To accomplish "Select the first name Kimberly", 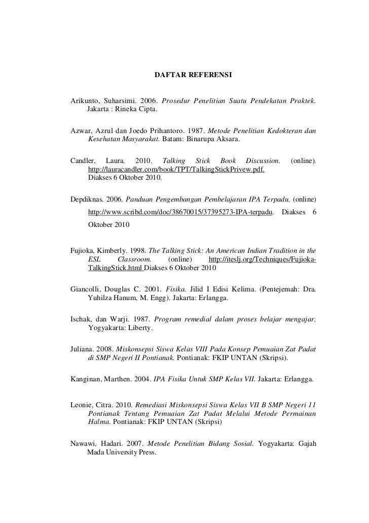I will [x=115, y=250].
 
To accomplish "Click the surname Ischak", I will [x=81, y=319].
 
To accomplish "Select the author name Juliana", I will [x=83, y=349].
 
